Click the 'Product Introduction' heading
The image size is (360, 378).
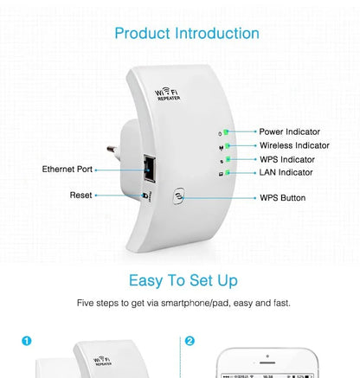coord(187,34)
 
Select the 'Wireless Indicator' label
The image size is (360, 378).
coord(294,145)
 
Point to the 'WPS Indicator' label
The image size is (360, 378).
coord(287,159)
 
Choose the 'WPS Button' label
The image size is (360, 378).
coord(282,198)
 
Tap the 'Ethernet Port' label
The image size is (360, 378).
coord(67,170)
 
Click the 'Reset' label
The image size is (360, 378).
coord(80,195)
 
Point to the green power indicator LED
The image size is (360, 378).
coord(225,131)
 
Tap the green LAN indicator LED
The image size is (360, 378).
coord(225,173)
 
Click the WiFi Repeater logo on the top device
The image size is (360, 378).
coord(170,94)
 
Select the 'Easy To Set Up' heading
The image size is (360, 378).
coord(183,280)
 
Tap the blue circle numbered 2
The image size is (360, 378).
coord(190,341)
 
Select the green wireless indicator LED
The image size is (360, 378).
coord(225,145)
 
